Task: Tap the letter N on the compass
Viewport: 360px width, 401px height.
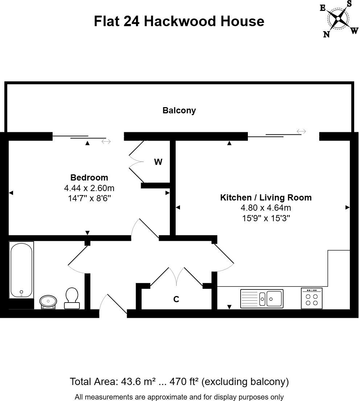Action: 326,34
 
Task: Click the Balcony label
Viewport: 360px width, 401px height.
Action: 179,110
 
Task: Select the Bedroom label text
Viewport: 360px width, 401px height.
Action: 89,178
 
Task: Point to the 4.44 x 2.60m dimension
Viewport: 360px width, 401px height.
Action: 89,188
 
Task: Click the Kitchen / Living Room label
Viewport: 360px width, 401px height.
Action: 266,198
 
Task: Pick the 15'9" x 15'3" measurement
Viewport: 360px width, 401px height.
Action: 266,218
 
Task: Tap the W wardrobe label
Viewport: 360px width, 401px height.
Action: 158,162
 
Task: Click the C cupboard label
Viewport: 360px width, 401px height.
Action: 176,299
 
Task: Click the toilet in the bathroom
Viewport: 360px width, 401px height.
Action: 71,298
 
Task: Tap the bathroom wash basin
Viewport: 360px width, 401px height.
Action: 48,301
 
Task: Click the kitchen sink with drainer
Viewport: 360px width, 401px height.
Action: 262,299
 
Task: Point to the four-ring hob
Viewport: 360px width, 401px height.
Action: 312,299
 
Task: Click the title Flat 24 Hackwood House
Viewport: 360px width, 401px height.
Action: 179,21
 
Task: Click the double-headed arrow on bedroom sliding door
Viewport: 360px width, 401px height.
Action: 106,141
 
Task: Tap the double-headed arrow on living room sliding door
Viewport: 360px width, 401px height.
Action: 301,131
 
